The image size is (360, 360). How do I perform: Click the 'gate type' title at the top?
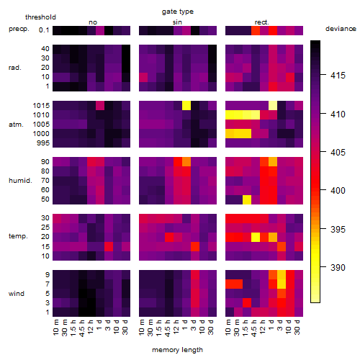click(178, 12)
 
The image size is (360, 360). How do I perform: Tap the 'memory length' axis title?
click(177, 350)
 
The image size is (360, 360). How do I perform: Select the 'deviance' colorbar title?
click(341, 29)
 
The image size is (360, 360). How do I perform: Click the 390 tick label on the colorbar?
click(338, 267)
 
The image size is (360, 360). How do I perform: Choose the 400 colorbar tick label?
click(338, 191)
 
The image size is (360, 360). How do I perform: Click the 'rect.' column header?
click(262, 22)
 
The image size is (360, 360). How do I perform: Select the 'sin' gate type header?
click(177, 22)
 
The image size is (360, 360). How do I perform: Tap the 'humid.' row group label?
click(20, 181)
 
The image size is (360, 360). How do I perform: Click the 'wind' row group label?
click(17, 294)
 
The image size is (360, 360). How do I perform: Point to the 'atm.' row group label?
click(16, 125)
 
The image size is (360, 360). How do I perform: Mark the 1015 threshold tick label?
click(41, 106)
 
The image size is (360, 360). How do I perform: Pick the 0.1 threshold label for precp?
click(44, 30)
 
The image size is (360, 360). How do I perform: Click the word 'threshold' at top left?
click(40, 17)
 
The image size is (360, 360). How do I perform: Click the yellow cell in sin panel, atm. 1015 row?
click(186, 105)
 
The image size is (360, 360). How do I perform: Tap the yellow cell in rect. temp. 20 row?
click(256, 237)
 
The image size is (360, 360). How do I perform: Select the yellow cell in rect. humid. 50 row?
click(247, 199)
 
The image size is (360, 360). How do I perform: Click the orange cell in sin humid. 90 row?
click(186, 162)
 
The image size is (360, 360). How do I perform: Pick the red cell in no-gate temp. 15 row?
click(109, 246)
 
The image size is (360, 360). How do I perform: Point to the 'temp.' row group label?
click(18, 236)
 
